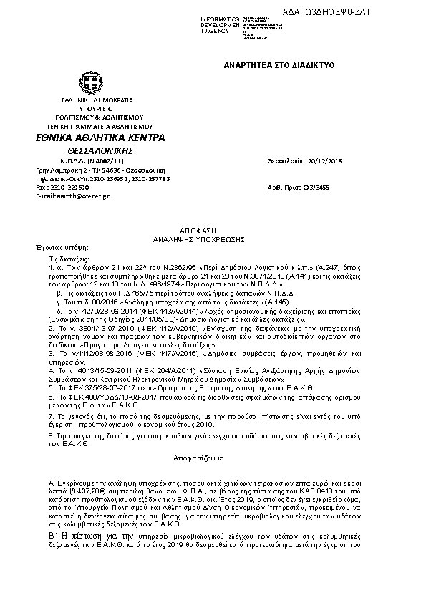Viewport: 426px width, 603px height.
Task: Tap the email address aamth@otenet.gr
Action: click(81, 196)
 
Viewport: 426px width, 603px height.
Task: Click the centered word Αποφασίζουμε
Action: click(198, 457)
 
